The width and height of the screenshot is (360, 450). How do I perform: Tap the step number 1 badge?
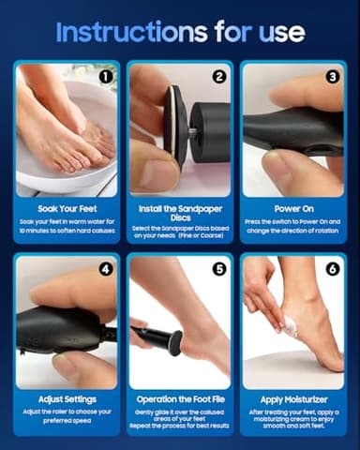pyautogui.click(x=105, y=76)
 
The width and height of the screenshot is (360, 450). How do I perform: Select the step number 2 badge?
pyautogui.click(x=219, y=76)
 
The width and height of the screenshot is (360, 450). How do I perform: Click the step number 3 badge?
pyautogui.click(x=333, y=76)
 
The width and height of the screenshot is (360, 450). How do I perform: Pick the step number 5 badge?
pyautogui.click(x=219, y=269)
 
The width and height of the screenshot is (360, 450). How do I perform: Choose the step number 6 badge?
pyautogui.click(x=333, y=269)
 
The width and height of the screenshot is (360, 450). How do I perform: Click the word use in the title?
pyautogui.click(x=280, y=32)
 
